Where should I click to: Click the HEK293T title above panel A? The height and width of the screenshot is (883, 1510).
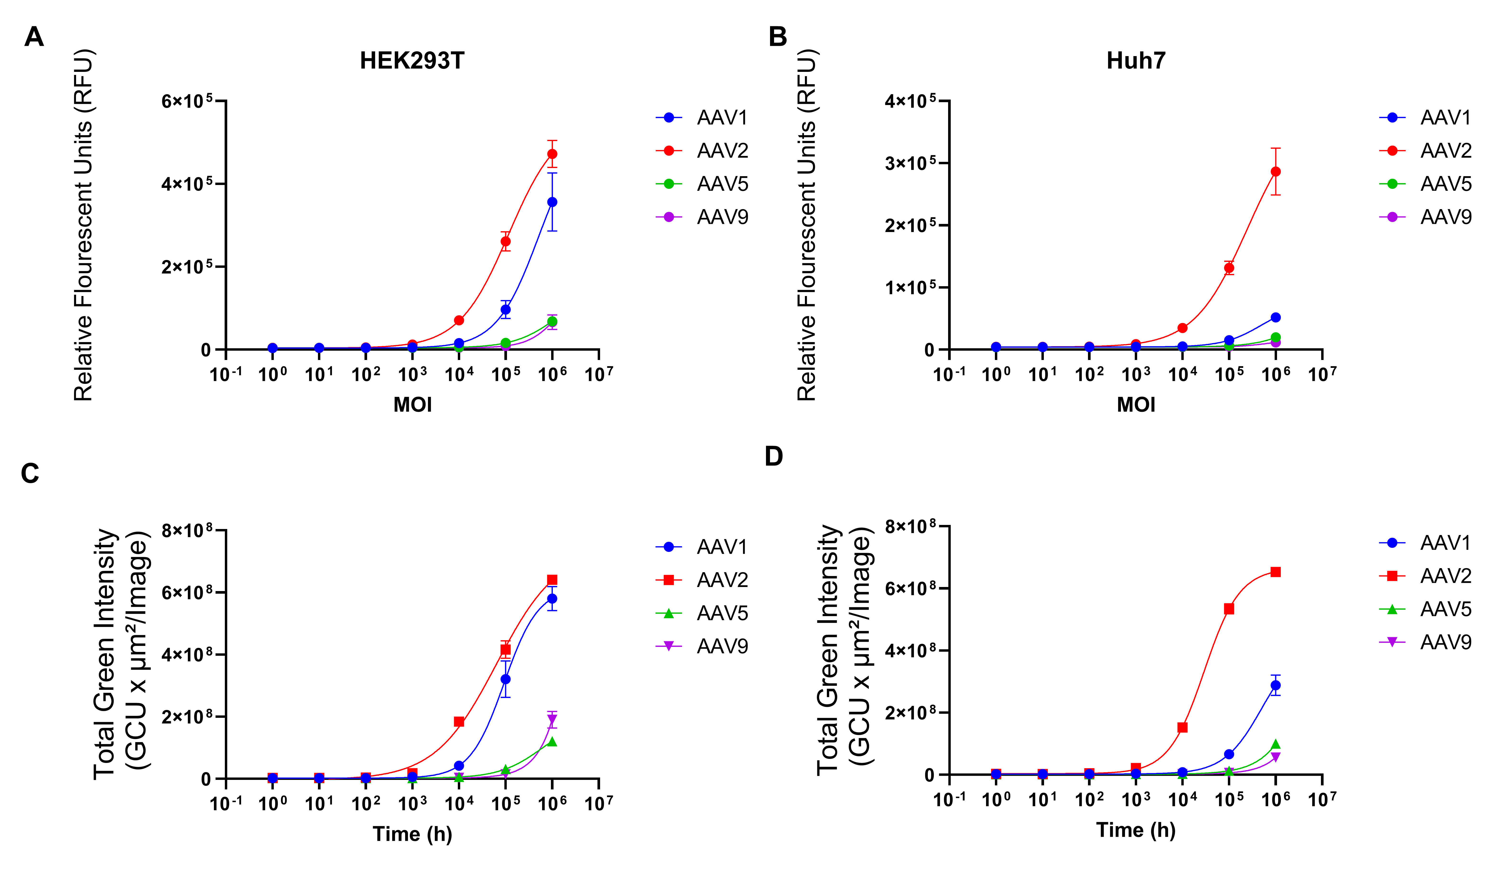click(412, 60)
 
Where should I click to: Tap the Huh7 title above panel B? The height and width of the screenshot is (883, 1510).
click(1135, 60)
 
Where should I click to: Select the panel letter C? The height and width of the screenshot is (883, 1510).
click(30, 473)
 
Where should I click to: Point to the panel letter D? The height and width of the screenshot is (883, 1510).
click(774, 456)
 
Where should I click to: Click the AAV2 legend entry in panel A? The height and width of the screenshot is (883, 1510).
click(702, 150)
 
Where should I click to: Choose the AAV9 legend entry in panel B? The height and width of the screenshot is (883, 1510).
click(1426, 217)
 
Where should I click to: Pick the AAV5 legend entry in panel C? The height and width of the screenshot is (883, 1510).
click(702, 613)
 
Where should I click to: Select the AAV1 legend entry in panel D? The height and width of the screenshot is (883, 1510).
click(1426, 543)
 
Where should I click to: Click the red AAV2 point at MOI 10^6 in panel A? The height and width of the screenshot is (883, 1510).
click(552, 154)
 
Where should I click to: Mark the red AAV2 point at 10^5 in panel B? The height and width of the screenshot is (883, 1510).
click(1229, 268)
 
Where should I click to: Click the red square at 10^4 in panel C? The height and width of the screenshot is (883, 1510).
click(459, 722)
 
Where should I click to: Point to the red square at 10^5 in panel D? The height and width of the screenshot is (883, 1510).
click(1229, 609)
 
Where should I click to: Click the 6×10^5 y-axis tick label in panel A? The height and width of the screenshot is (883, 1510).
click(187, 101)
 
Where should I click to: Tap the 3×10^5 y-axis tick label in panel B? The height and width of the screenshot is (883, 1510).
click(910, 163)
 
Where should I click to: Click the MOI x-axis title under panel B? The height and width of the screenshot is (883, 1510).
click(1135, 405)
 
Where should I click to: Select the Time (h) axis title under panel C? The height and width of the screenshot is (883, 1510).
click(412, 834)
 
